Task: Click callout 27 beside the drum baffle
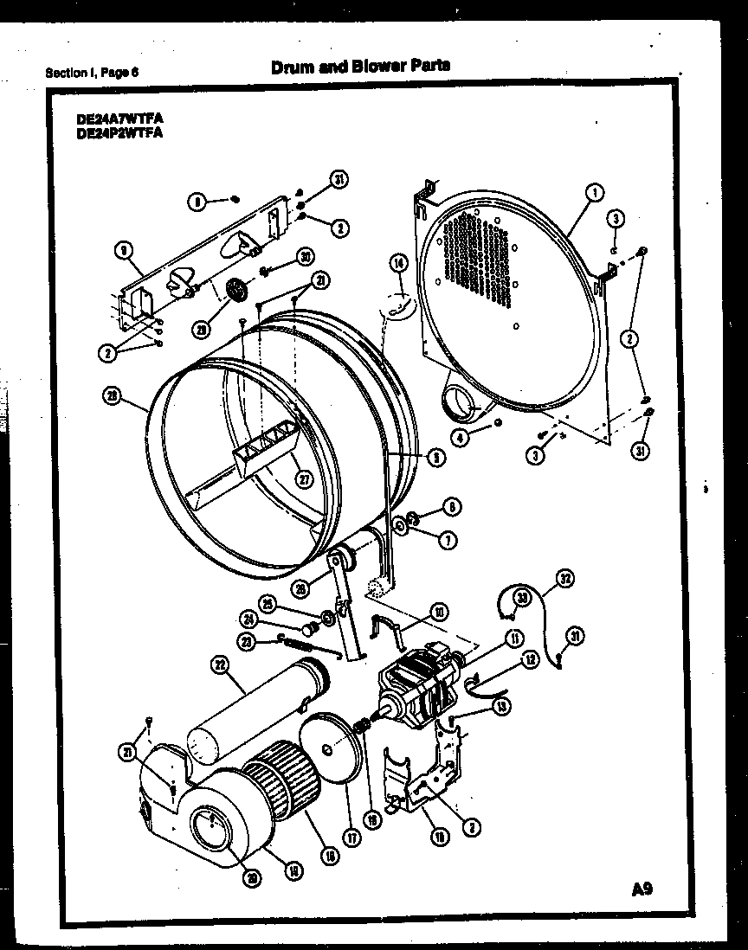click(x=302, y=481)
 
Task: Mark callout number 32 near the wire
click(x=564, y=579)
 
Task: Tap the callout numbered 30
click(x=304, y=256)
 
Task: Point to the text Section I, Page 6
click(x=92, y=73)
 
